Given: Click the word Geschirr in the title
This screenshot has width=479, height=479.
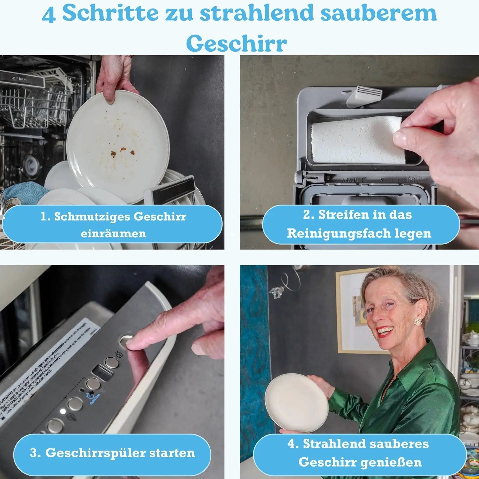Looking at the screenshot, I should (236, 43).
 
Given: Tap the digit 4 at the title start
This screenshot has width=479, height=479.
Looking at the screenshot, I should (49, 15).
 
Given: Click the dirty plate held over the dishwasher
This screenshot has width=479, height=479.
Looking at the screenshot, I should (118, 146).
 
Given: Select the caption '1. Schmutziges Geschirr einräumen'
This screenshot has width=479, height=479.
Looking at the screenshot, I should (113, 224).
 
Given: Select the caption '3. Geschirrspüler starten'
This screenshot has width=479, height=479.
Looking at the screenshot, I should (112, 453).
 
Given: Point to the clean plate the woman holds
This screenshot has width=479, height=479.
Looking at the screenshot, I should (296, 402).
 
